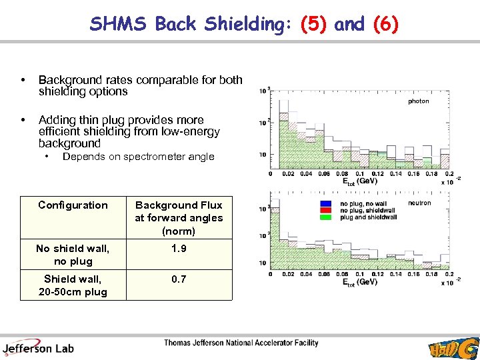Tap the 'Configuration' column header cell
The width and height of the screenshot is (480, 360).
pos(73,205)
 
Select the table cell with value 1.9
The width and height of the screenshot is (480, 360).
pos(179,248)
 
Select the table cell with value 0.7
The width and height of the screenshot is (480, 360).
pos(179,279)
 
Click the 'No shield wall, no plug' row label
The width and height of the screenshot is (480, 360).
pos(73,255)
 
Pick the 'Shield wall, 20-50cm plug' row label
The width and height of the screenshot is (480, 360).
pos(73,285)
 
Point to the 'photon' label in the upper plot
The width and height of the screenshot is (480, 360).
pos(418,101)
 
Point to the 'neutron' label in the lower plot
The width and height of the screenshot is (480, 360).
pos(419,203)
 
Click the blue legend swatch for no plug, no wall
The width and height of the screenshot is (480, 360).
pos(326,203)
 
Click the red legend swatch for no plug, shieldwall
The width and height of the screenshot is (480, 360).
pos(326,210)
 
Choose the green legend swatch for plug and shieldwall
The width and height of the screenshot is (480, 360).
pos(326,217)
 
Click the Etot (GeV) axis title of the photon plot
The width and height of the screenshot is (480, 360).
pos(359,181)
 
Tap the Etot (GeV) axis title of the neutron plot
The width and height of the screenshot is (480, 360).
pos(359,282)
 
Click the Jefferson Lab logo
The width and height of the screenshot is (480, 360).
pos(38,347)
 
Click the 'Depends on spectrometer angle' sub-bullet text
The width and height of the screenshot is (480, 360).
pos(138,157)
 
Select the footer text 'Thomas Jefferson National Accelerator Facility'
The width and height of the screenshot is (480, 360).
pos(241,343)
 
